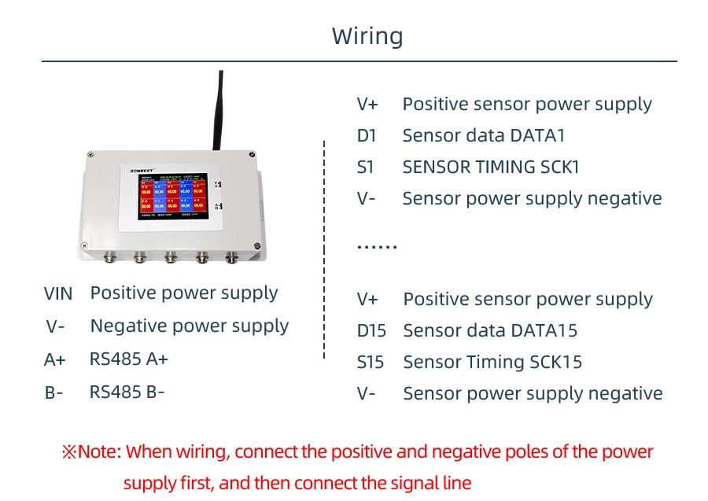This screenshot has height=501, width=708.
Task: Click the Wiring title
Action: (x=367, y=36)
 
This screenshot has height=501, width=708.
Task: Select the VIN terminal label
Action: (x=58, y=294)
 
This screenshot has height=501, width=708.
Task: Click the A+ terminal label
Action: (x=55, y=360)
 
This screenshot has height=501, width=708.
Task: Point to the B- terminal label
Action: (x=54, y=392)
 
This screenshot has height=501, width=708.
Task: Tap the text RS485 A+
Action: (x=129, y=359)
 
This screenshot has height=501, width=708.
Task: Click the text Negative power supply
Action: (x=189, y=326)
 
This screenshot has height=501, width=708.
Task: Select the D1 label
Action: (x=367, y=135)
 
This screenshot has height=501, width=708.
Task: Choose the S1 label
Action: (x=366, y=167)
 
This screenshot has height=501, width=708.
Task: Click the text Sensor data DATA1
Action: (x=484, y=135)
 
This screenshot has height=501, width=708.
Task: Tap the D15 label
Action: (x=371, y=330)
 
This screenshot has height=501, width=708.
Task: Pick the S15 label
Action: (x=371, y=362)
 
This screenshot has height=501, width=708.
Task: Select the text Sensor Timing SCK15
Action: (x=492, y=362)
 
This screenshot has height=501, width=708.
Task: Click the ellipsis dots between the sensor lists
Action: (x=377, y=247)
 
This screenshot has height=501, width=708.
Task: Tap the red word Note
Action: (x=100, y=452)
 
